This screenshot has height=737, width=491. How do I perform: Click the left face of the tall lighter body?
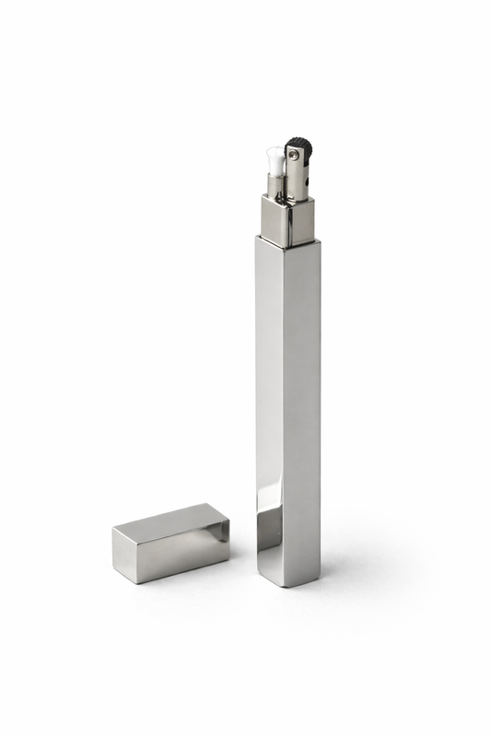tap(270, 387)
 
